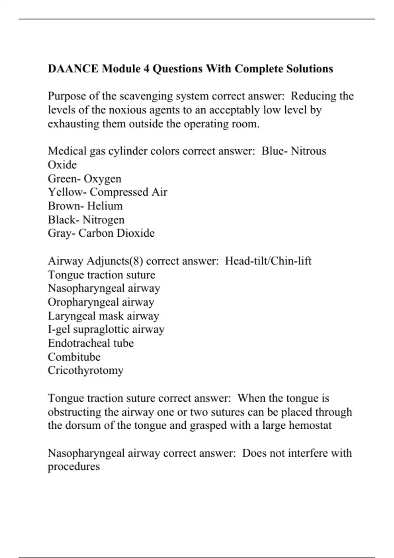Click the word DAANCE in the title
(73, 69)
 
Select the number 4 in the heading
(146, 69)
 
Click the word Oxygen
(102, 179)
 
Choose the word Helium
(105, 206)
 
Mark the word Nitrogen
(103, 220)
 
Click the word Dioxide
(136, 233)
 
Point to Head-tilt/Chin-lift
(268, 261)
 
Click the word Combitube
(74, 357)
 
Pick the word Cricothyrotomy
(85, 371)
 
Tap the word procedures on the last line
(74, 467)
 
